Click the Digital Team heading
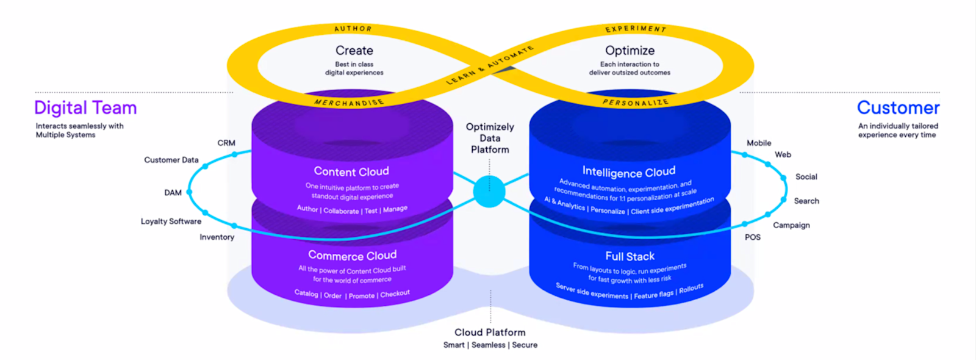[x=85, y=108]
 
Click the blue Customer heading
[x=898, y=108]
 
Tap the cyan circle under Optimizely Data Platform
[x=489, y=191]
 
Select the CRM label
[x=226, y=143]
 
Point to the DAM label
[x=173, y=192]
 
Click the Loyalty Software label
[x=171, y=221]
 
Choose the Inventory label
[x=217, y=237]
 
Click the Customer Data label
[x=171, y=160]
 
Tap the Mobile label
[x=759, y=143]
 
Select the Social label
[x=806, y=176]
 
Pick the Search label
[x=806, y=201]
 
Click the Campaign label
[x=791, y=225]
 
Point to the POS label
[x=752, y=237]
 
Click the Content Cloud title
[x=351, y=171]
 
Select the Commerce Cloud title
[x=352, y=255]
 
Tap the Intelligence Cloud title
[x=628, y=171]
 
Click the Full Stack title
[x=630, y=256]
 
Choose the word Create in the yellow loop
[x=354, y=51]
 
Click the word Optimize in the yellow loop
[x=630, y=51]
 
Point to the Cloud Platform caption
[x=490, y=332]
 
